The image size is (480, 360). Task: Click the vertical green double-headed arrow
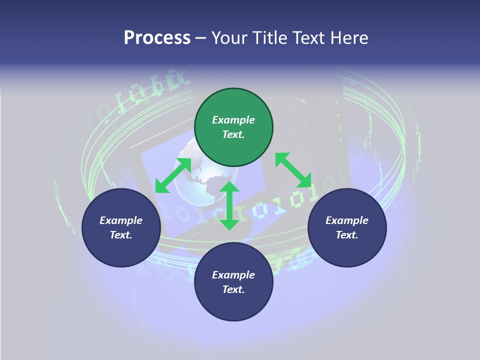click(229, 205)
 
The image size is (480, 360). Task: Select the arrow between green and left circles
click(173, 175)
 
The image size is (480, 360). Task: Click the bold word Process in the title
click(157, 38)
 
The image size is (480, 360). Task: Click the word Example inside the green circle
click(233, 120)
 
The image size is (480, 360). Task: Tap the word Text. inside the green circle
click(233, 134)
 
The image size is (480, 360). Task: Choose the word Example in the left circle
click(121, 220)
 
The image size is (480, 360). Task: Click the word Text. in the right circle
click(347, 235)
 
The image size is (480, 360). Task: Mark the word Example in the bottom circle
click(233, 275)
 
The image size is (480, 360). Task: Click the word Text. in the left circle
click(121, 235)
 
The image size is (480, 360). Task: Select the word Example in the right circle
click(347, 220)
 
